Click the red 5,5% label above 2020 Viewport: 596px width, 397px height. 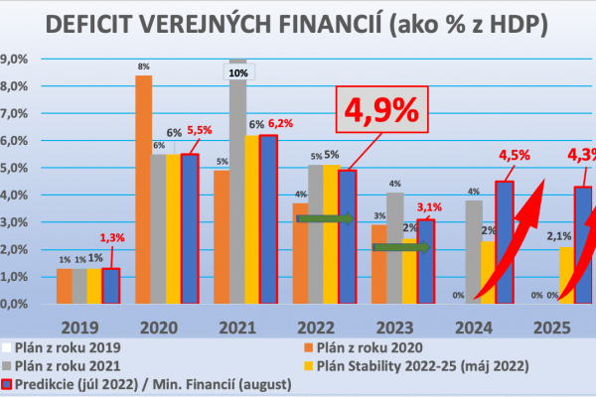coord(202,129)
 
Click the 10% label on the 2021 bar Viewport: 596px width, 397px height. coord(238,73)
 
